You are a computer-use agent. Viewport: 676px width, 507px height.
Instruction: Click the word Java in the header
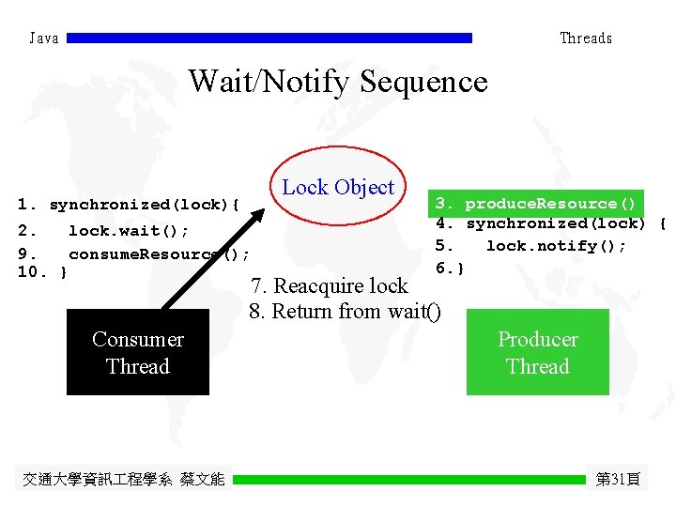pyautogui.click(x=44, y=38)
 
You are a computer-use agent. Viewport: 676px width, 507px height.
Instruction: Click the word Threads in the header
pyautogui.click(x=586, y=38)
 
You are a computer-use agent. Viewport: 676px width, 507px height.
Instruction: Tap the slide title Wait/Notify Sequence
pyautogui.click(x=338, y=81)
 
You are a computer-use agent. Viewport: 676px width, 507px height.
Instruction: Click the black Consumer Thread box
pyautogui.click(x=138, y=353)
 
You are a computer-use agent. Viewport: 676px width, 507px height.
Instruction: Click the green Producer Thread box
pyautogui.click(x=538, y=353)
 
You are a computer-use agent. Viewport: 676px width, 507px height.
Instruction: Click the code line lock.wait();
pyautogui.click(x=128, y=230)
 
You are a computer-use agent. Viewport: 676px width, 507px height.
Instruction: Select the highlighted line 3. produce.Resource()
pyautogui.click(x=535, y=203)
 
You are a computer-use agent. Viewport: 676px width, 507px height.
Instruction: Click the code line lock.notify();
pyautogui.click(x=555, y=246)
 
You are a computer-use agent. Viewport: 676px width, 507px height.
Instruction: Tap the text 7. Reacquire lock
pyautogui.click(x=329, y=285)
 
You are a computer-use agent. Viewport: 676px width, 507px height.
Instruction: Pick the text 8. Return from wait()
pyautogui.click(x=345, y=311)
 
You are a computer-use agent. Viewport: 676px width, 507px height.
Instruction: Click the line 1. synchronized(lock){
pyautogui.click(x=129, y=204)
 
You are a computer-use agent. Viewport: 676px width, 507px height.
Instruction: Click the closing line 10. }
pyautogui.click(x=42, y=273)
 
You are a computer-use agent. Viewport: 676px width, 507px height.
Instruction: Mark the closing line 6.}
pyautogui.click(x=450, y=269)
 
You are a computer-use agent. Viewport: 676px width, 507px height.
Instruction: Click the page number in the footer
pyautogui.click(x=618, y=479)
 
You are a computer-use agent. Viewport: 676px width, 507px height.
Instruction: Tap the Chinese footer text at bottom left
pyautogui.click(x=123, y=479)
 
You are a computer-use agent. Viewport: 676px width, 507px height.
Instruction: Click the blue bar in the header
pyautogui.click(x=269, y=38)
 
